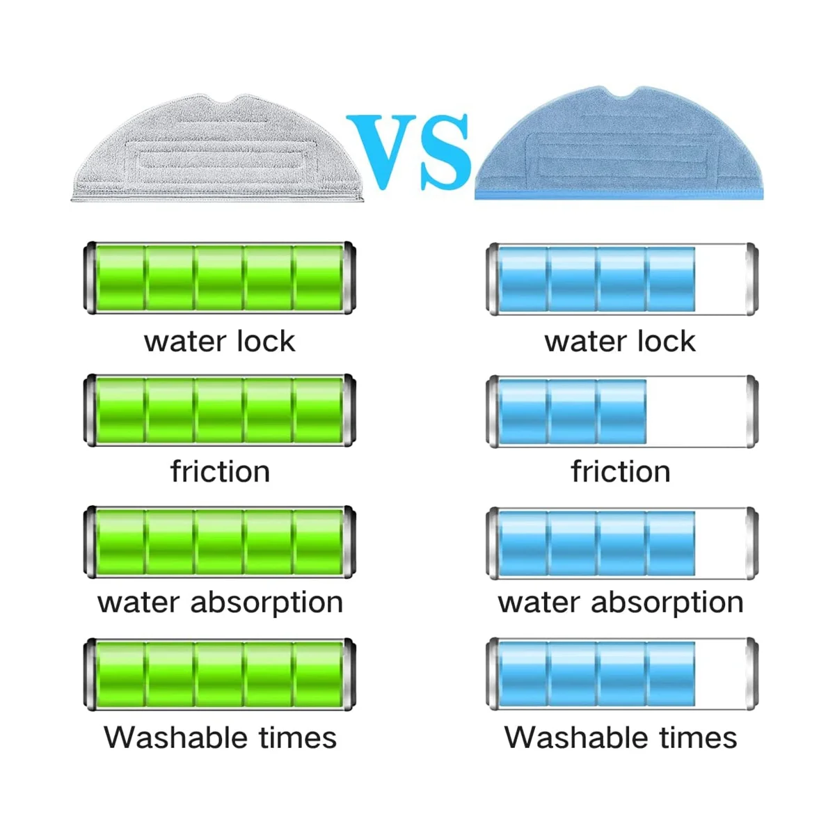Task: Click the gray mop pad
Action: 218,150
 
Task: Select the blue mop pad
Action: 619,146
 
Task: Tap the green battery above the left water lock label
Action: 220,278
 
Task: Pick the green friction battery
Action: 220,411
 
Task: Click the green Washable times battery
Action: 220,674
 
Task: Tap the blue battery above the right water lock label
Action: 621,278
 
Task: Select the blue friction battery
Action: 621,411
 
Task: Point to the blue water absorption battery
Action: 621,543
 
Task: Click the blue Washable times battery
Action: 621,674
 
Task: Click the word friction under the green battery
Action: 220,472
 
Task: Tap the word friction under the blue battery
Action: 621,472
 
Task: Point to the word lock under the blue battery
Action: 660,341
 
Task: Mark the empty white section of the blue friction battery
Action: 696,411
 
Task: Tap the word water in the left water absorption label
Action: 138,603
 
